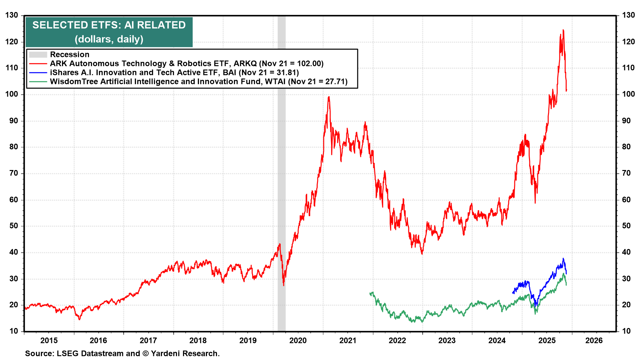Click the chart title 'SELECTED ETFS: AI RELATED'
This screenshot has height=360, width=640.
[x=109, y=25]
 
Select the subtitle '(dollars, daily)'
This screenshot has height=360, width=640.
[x=109, y=39]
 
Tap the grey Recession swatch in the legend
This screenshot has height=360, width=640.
[x=38, y=55]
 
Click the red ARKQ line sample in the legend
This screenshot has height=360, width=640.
[x=38, y=64]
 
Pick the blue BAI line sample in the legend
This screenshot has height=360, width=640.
[x=38, y=73]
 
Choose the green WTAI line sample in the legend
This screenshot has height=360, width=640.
[x=38, y=82]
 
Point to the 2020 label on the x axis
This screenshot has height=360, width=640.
[x=298, y=340]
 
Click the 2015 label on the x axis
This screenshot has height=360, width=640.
[x=49, y=340]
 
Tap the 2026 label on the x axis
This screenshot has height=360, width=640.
[x=594, y=340]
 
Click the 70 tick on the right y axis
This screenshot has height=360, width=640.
[x=626, y=173]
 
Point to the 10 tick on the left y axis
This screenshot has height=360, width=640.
[x=14, y=331]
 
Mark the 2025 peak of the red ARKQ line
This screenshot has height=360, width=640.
[x=563, y=30]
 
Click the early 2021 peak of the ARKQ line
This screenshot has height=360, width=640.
[x=329, y=97]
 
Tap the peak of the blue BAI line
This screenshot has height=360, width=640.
[x=563, y=258]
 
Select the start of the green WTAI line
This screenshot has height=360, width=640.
[x=370, y=293]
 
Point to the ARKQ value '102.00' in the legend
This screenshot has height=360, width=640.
[x=310, y=64]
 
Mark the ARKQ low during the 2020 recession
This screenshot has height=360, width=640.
[x=284, y=285]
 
